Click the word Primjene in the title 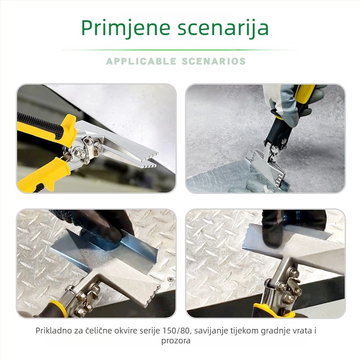coord(126,28)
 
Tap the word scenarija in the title coord(223,28)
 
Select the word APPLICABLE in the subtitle coord(141,61)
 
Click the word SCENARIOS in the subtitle coord(214,61)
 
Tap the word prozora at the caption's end coord(176,341)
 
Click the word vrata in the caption coord(301,331)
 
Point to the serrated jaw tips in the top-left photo coord(152,159)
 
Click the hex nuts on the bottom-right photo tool coord(287,287)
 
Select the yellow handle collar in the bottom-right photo coord(273,310)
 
